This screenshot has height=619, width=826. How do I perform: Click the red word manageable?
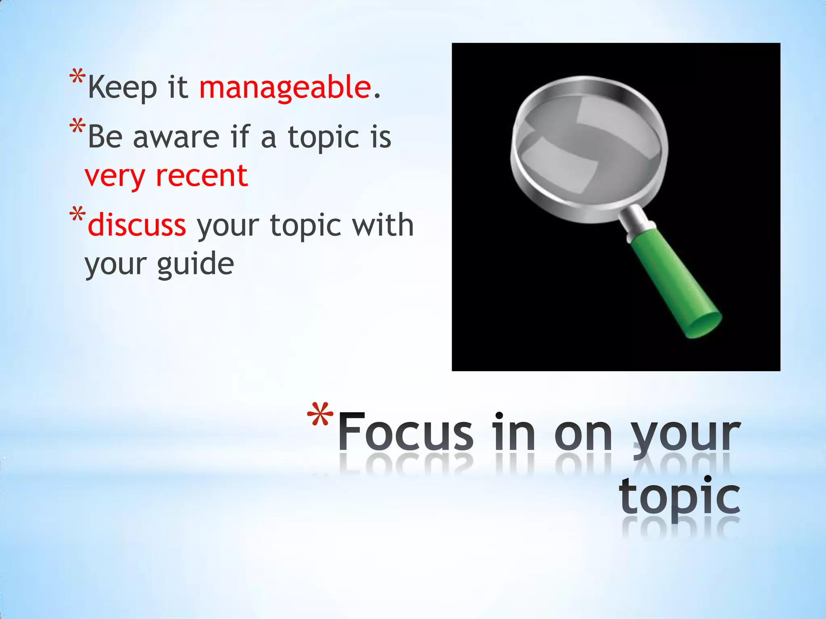[x=285, y=87]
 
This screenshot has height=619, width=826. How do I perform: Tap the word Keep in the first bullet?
[x=122, y=87]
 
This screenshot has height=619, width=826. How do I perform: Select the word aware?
[x=176, y=137]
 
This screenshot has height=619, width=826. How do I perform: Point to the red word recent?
[x=202, y=176]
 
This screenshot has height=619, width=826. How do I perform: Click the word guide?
[x=195, y=264]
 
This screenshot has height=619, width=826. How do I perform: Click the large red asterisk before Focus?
[x=320, y=416]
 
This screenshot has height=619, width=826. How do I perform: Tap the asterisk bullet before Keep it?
[x=77, y=77]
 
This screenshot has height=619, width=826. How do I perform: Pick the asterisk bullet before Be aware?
[x=77, y=126]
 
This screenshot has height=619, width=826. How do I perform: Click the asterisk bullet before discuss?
[x=77, y=214]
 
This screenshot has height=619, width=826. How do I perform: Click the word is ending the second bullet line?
[x=381, y=137]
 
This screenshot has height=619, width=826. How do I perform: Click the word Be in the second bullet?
[x=105, y=137]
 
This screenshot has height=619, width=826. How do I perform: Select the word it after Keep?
[x=178, y=87]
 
